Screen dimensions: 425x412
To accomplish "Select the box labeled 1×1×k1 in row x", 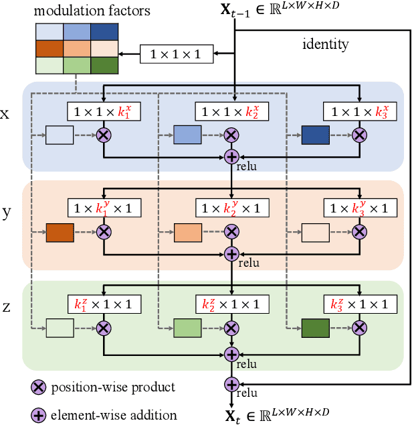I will tap(103, 111).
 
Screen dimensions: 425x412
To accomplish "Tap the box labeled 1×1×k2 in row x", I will tap(231, 111).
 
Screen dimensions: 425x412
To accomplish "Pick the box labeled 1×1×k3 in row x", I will tap(360, 111).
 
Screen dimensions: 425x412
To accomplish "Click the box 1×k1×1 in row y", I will tap(103, 208).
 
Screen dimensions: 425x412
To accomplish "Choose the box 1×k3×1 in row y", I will tap(360, 208).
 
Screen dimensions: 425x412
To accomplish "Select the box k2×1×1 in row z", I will tap(231, 304).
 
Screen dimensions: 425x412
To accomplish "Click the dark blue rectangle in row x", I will tap(316, 135).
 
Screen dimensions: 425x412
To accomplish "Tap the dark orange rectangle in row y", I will tap(59, 232).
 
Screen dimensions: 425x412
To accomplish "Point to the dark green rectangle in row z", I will tap(316, 328).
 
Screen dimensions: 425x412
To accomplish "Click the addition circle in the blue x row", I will tap(231, 156).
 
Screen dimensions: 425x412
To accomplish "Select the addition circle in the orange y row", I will tap(231, 253).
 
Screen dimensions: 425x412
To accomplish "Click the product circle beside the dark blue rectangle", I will tap(360, 135).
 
